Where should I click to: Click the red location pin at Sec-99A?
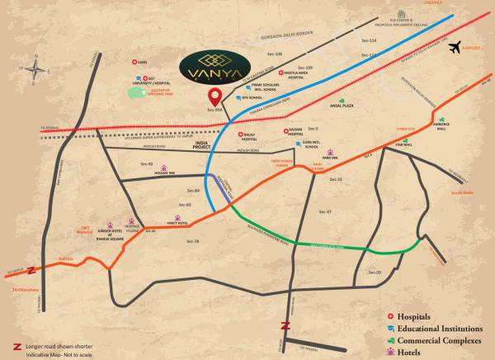(214, 97)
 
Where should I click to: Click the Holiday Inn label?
(165, 173)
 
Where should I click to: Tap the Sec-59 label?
(375, 272)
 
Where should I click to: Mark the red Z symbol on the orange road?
(31, 269)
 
